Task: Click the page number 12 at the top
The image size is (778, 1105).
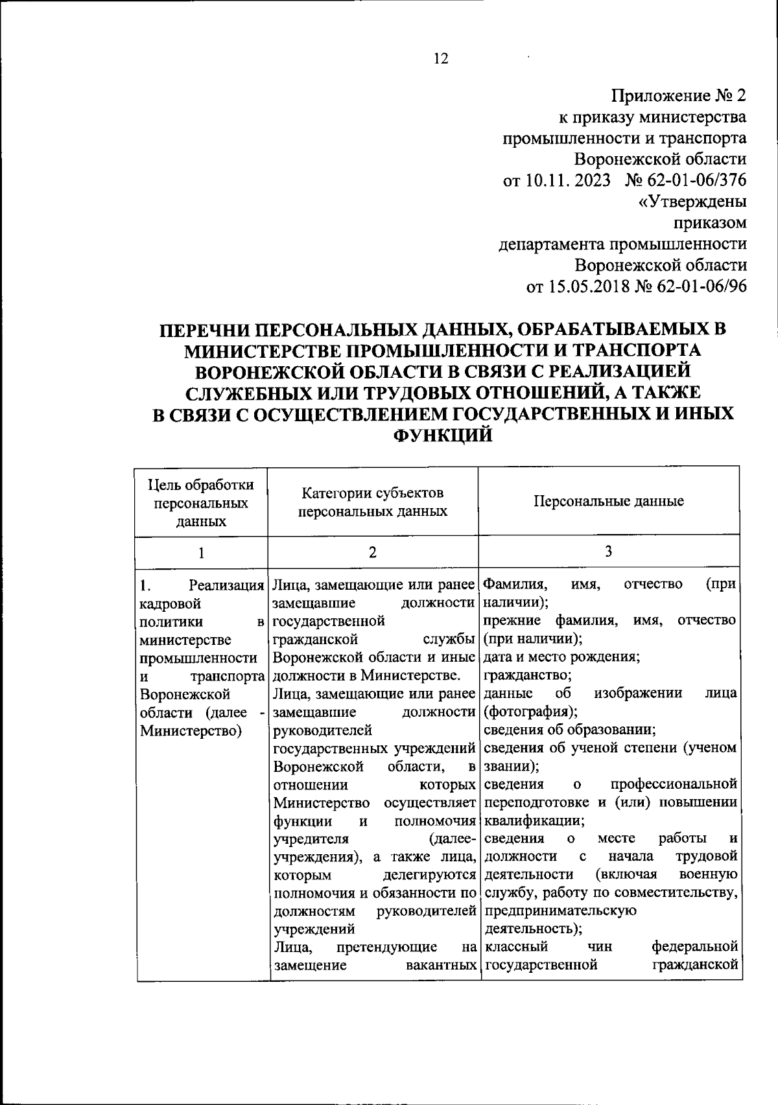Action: [440, 59]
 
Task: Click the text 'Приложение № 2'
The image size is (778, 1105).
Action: [679, 96]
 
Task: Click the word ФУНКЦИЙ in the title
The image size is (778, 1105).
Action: [443, 436]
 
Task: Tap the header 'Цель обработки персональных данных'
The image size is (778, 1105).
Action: [201, 503]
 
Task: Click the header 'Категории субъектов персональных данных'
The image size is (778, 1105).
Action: [372, 502]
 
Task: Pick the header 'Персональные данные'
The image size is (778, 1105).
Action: [608, 501]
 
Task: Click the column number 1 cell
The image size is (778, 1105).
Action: [201, 553]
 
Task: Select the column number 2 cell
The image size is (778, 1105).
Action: [372, 552]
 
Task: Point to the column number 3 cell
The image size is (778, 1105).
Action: [608, 552]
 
